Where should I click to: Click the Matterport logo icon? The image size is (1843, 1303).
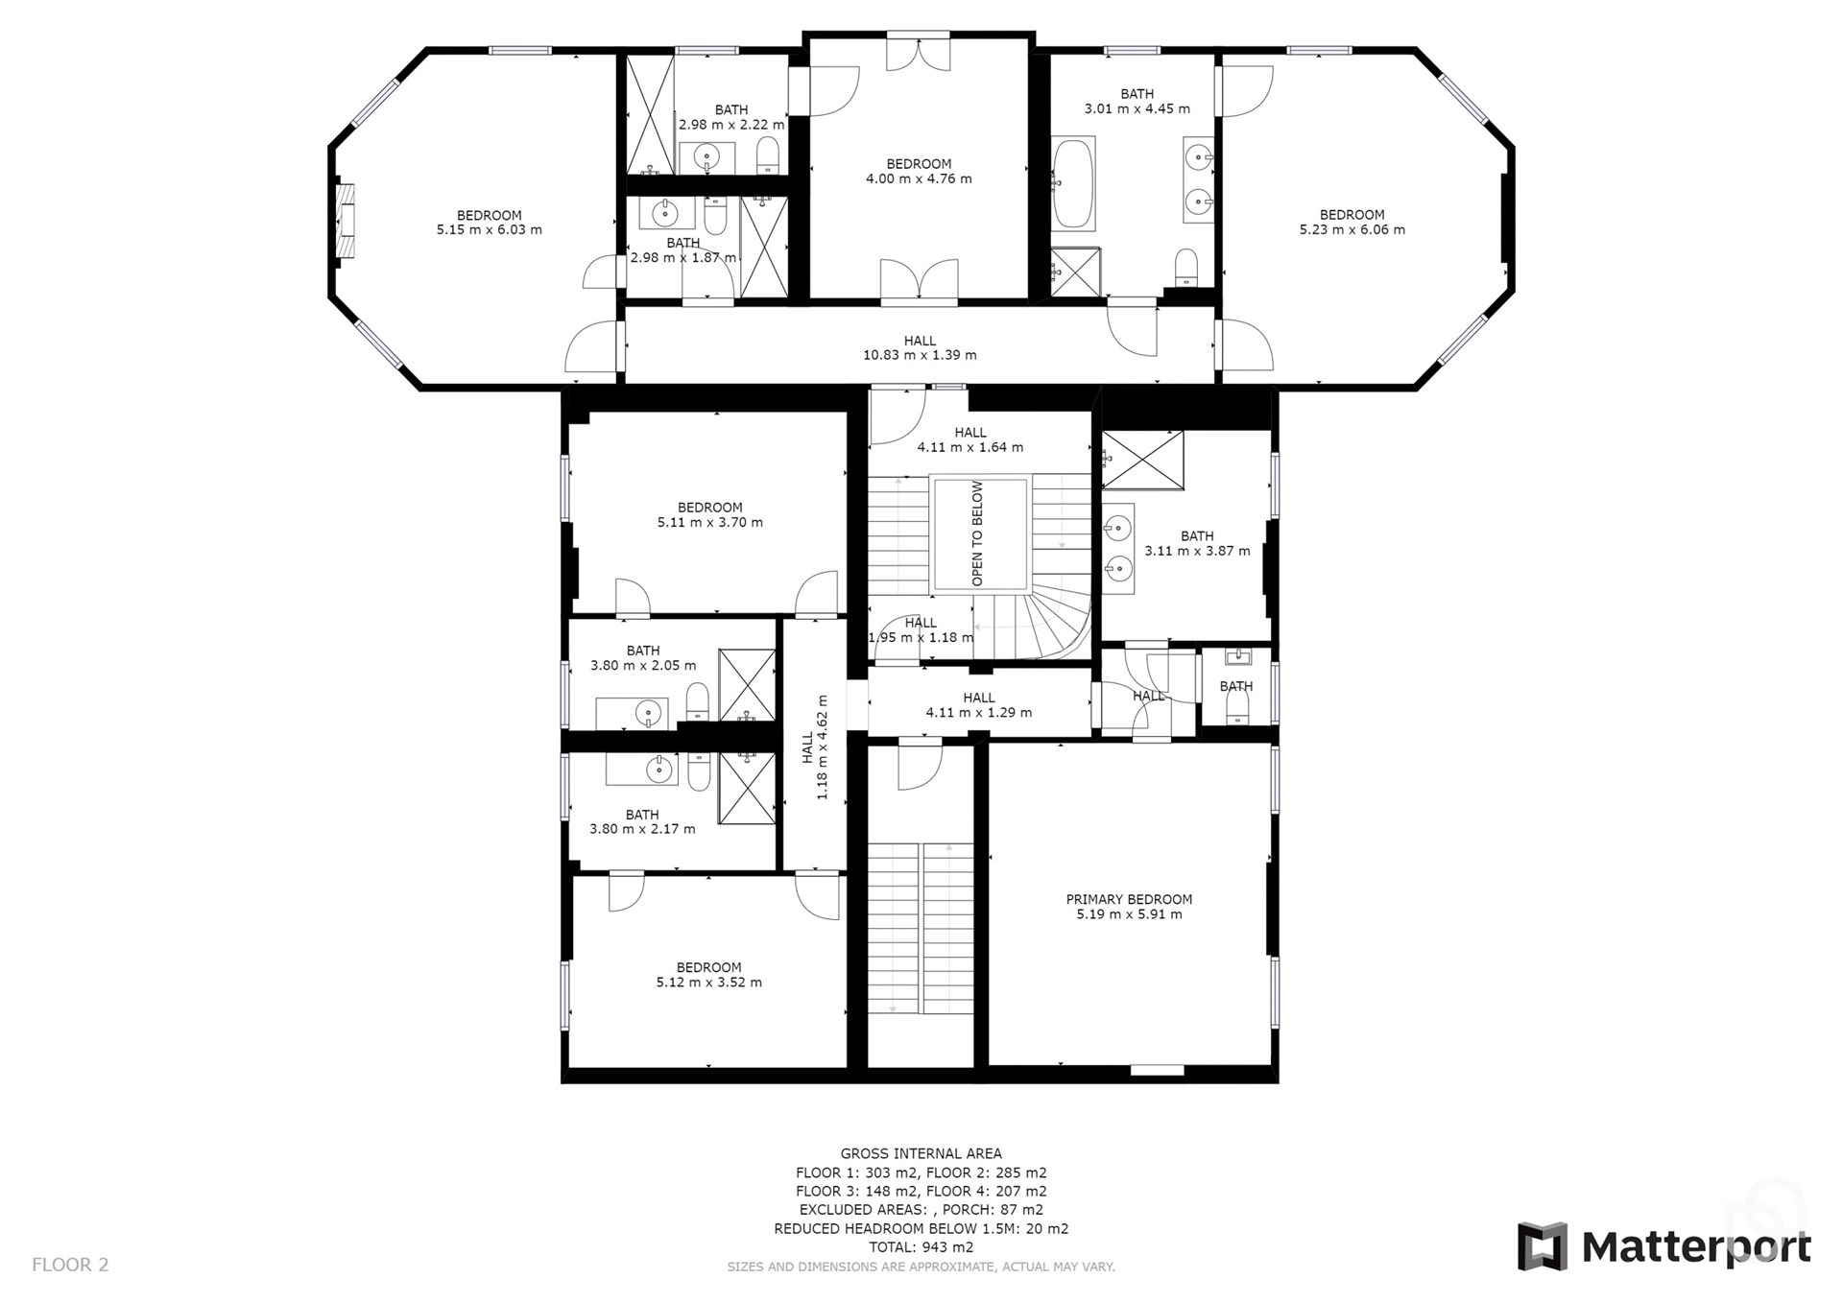pos(1542,1246)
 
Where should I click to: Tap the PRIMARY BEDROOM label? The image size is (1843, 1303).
pos(1129,899)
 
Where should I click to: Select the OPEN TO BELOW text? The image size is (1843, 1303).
pos(977,533)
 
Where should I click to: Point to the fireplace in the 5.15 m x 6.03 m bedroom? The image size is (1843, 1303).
pos(346,221)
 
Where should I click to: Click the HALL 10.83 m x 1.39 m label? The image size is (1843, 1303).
pos(920,347)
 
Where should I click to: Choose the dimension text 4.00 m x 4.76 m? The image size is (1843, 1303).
pos(919,178)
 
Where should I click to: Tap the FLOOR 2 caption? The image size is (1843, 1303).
pos(70,1265)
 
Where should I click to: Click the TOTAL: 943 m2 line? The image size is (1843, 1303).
pos(921,1247)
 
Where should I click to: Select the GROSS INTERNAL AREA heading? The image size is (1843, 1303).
pos(921,1153)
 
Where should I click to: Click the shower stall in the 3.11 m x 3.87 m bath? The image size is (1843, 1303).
pos(1142,460)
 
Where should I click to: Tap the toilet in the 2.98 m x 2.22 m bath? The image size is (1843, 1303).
pos(767,155)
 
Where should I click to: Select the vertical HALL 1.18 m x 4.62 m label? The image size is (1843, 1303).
pos(815,747)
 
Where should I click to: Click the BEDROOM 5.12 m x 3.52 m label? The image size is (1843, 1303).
pos(708,975)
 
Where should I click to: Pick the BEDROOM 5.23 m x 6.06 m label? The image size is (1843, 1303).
pos(1352,222)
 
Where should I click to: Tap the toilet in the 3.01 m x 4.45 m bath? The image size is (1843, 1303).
pos(1186,266)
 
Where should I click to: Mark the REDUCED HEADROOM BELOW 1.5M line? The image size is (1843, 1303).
pos(921,1228)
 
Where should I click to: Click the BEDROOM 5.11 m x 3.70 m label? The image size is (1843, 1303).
pos(709,514)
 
